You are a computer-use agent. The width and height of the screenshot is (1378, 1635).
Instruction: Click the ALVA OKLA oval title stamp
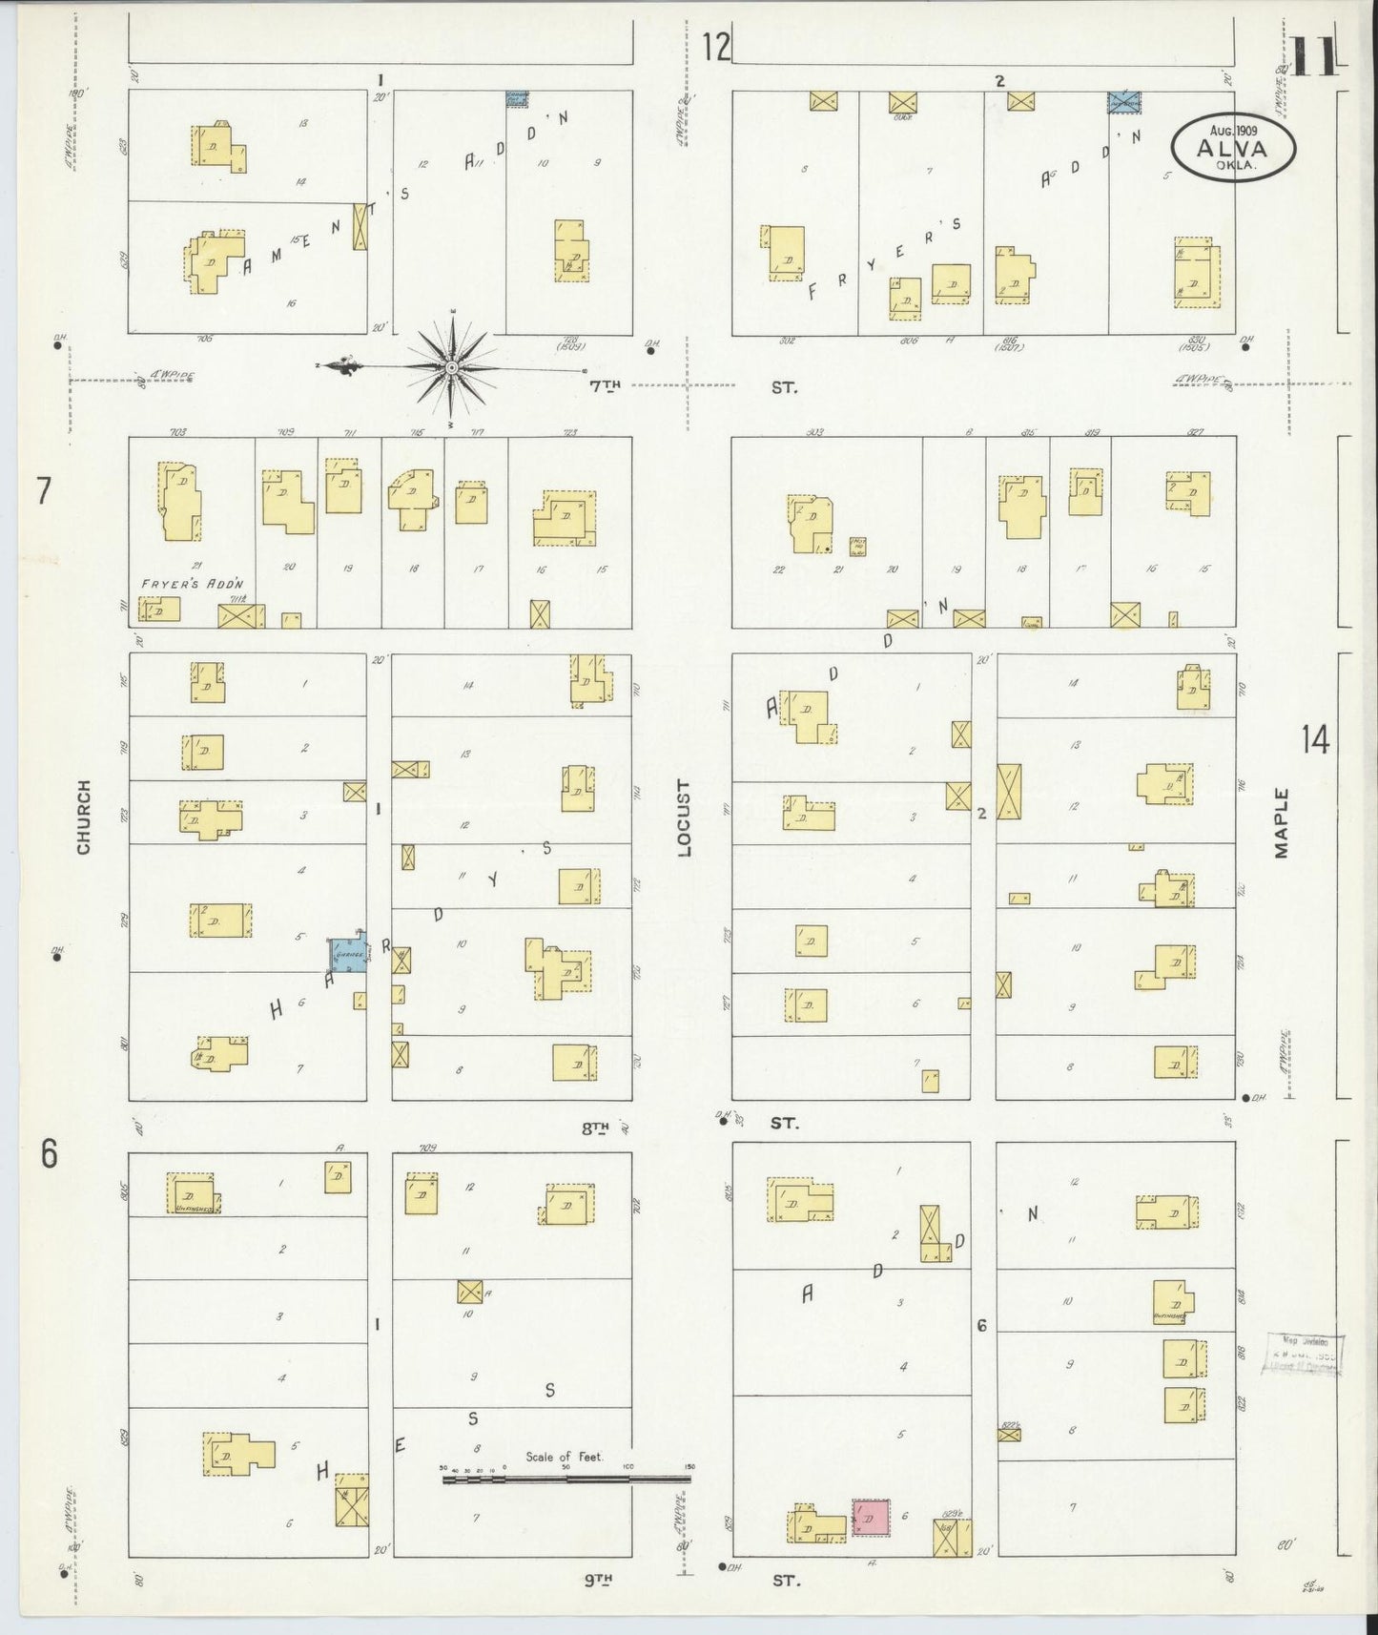(1234, 148)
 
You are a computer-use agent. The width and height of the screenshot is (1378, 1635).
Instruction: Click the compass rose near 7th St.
(452, 366)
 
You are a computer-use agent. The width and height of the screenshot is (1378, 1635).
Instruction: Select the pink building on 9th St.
(871, 1516)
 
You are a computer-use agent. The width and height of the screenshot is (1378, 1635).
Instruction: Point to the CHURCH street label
(84, 817)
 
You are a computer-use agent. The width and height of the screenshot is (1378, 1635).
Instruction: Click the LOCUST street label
(683, 817)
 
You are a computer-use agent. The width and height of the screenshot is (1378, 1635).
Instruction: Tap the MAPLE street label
(1281, 822)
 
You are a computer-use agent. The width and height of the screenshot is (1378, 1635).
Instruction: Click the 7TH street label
(605, 385)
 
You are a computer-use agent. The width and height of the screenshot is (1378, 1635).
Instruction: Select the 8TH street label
(596, 1128)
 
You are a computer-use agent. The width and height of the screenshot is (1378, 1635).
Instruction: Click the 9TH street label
(597, 1580)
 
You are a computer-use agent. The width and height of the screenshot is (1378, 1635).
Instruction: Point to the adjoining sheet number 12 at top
(716, 47)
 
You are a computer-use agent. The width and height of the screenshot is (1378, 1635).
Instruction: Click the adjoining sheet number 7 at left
(43, 491)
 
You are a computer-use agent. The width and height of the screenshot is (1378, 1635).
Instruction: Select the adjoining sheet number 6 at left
(49, 1154)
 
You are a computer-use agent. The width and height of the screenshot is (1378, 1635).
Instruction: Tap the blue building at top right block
(1125, 102)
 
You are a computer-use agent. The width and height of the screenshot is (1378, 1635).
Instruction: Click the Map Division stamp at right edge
(1304, 1356)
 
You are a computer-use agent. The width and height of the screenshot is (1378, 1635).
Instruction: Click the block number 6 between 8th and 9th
(981, 1325)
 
